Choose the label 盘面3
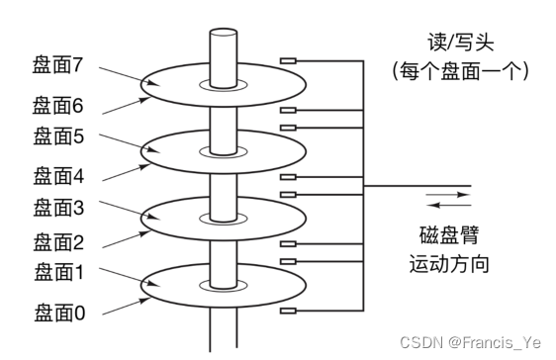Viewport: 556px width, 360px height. [56, 209]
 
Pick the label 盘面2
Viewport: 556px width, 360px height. [56, 242]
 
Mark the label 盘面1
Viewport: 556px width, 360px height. [56, 272]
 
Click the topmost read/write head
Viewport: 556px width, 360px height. [290, 61]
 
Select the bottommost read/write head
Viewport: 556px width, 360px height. [290, 312]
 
